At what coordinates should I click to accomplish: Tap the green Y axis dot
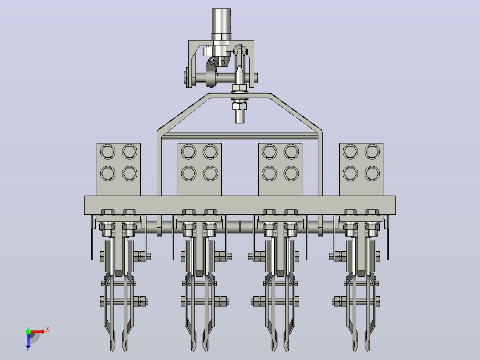pos(28,331)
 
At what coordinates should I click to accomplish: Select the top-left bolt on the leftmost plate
pos(108,151)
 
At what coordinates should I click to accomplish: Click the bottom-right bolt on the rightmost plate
pos(372,173)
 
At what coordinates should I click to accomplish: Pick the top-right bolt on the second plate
pos(210,151)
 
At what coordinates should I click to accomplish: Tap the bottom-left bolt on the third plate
pos(269,173)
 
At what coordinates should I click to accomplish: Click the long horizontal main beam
pos(240,205)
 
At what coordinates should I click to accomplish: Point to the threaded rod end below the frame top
pos(240,117)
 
